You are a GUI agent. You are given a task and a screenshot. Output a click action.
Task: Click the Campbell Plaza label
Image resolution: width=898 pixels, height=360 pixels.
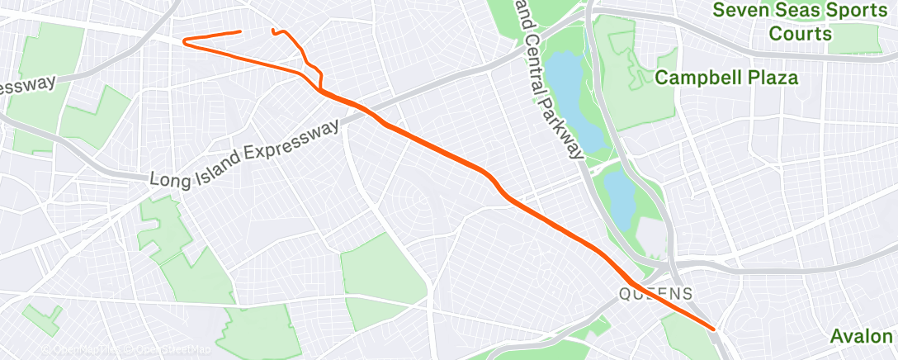(x=726, y=78)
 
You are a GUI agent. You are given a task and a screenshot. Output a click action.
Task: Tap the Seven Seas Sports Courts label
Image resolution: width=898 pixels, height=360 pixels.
(x=800, y=22)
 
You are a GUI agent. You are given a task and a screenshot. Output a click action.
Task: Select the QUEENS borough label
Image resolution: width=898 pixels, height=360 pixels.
(x=657, y=294)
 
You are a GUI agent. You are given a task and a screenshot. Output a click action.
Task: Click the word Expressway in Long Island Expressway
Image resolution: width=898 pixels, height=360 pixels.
(x=298, y=141)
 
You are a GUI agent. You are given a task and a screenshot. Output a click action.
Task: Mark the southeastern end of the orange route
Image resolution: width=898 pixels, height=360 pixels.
(x=713, y=328)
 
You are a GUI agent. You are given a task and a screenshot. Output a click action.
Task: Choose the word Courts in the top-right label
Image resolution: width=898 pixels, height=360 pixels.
(x=800, y=34)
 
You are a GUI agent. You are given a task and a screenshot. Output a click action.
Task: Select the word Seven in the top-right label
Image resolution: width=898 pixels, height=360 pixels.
(x=740, y=11)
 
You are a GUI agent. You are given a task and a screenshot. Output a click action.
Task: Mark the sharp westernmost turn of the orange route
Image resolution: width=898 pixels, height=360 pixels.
(x=184, y=40)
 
